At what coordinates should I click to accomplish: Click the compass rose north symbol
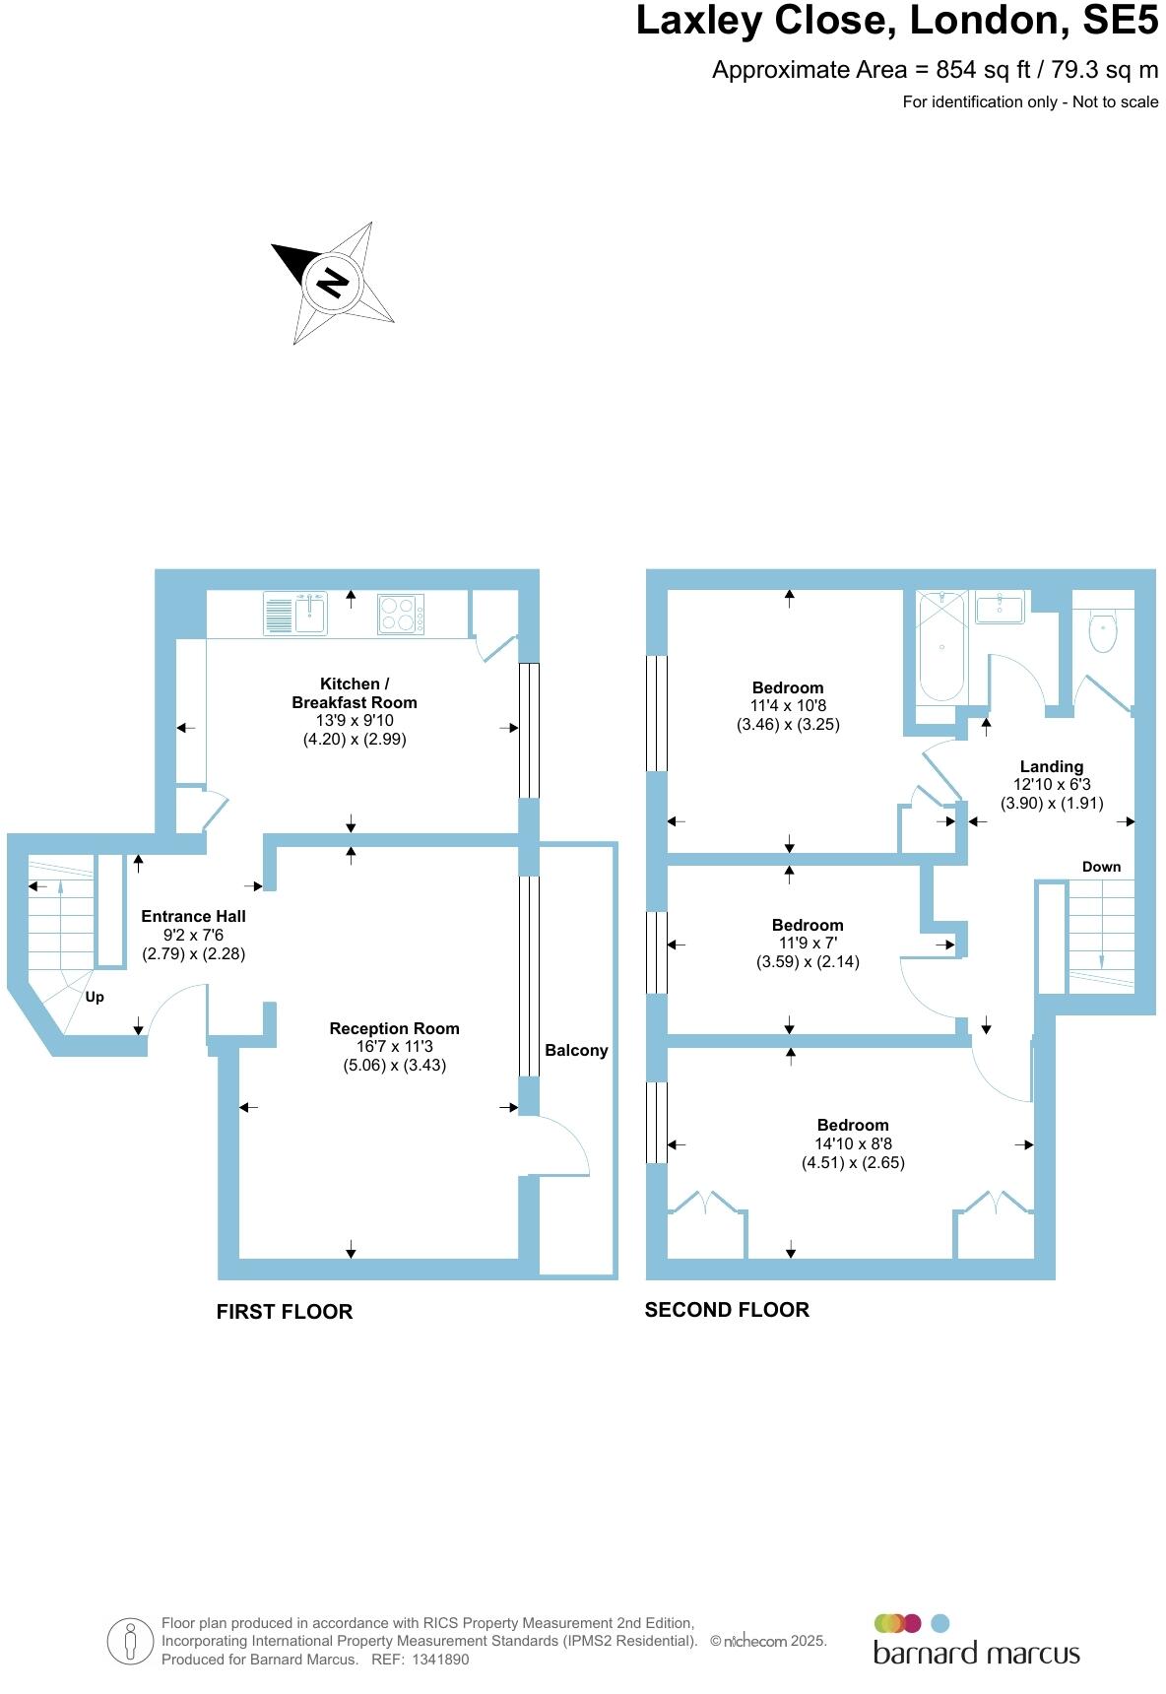(333, 283)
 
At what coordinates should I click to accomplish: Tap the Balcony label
(576, 1050)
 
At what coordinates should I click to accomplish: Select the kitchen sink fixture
(295, 614)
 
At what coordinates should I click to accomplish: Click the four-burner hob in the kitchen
(402, 615)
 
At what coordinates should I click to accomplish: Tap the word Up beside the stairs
(95, 997)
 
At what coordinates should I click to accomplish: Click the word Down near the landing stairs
(1101, 867)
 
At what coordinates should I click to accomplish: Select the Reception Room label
(394, 1028)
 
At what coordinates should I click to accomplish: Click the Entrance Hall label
(193, 916)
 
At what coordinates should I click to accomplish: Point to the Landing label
(1052, 766)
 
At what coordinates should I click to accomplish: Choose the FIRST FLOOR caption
(285, 1312)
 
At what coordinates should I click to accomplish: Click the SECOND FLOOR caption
(727, 1310)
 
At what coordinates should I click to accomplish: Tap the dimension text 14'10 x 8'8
(853, 1144)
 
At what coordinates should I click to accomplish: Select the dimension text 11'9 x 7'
(808, 944)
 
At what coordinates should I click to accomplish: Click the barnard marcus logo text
(977, 1653)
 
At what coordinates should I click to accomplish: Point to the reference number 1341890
(441, 1660)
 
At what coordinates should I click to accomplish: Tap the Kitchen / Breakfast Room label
(355, 693)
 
